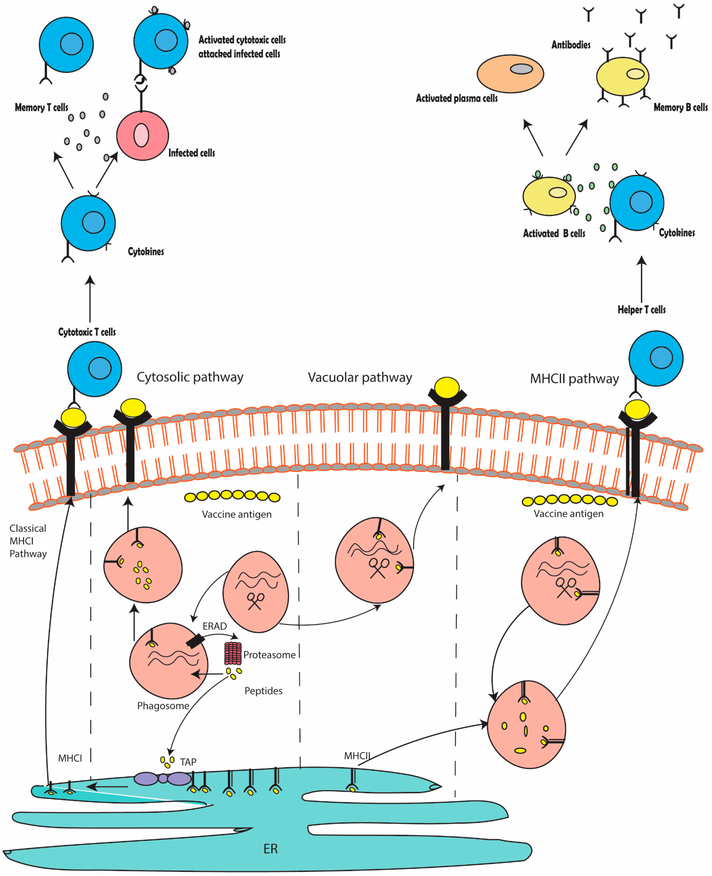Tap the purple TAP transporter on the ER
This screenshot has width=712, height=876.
pyautogui.click(x=163, y=778)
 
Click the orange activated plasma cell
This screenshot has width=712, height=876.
pyautogui.click(x=510, y=74)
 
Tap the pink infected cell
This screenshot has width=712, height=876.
pyautogui.click(x=142, y=135)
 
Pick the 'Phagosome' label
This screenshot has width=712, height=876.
pyautogui.click(x=163, y=706)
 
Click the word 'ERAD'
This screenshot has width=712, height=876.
pyautogui.click(x=214, y=626)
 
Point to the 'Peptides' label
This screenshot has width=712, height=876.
pyautogui.click(x=263, y=691)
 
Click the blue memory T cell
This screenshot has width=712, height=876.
pyautogui.click(x=66, y=45)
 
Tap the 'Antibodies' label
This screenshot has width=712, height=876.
pyautogui.click(x=571, y=45)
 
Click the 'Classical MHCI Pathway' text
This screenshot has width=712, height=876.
pyautogui.click(x=28, y=541)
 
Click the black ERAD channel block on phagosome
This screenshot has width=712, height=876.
pyautogui.click(x=195, y=641)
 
